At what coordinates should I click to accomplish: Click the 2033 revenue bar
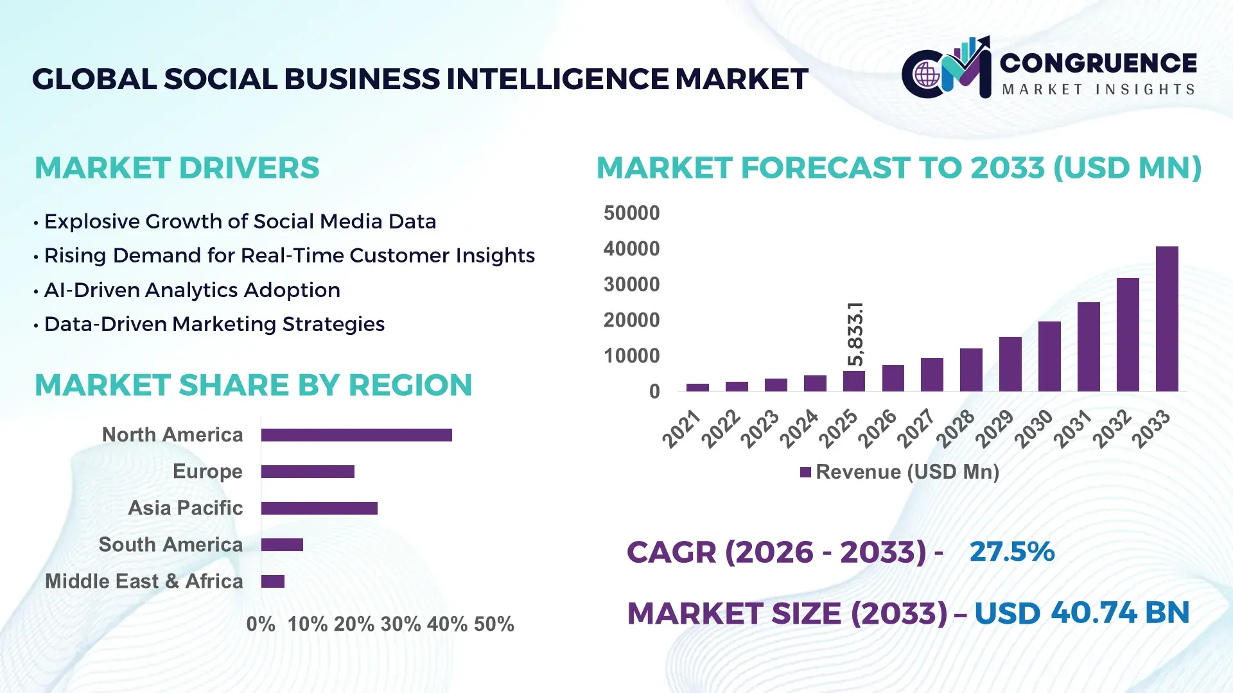pyautogui.click(x=1167, y=319)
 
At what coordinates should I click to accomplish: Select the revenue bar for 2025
pyautogui.click(x=853, y=381)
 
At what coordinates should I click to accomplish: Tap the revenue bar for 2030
pyautogui.click(x=1049, y=357)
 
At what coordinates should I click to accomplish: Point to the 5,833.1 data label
pyautogui.click(x=855, y=334)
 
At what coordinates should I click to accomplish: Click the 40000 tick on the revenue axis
pyautogui.click(x=631, y=249)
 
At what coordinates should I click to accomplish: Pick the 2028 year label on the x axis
pyautogui.click(x=955, y=429)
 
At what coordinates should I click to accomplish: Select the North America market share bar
pyautogui.click(x=356, y=435)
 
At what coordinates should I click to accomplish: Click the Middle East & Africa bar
pyautogui.click(x=273, y=581)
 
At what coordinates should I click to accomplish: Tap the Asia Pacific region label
pyautogui.click(x=186, y=508)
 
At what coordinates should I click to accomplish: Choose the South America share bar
pyautogui.click(x=282, y=545)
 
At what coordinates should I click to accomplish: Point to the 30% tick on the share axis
pyautogui.click(x=401, y=624)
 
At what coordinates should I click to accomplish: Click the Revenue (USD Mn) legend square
pyautogui.click(x=805, y=473)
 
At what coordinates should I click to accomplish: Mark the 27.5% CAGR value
pyautogui.click(x=1011, y=552)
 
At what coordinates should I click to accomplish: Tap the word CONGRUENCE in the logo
pyautogui.click(x=1098, y=63)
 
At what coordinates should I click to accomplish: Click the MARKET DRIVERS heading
pyautogui.click(x=177, y=168)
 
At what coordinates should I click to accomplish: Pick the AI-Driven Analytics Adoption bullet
pyautogui.click(x=191, y=290)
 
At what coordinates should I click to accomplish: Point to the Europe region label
pyautogui.click(x=207, y=472)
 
